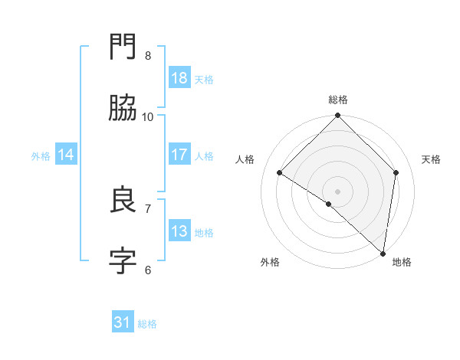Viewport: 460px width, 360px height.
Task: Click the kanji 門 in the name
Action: (123, 47)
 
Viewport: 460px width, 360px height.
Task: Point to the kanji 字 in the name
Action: (123, 261)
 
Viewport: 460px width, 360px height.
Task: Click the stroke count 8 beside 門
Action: (148, 55)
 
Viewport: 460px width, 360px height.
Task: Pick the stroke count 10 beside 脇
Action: (148, 116)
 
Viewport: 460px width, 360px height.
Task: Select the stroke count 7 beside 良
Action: (148, 208)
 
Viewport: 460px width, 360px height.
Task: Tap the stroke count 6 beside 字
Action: (148, 270)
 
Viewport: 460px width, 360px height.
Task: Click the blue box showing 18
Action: (179, 78)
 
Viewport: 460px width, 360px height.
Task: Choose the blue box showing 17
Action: (179, 155)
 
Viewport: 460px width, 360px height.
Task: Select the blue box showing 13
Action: (179, 231)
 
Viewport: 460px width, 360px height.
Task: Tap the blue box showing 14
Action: (66, 155)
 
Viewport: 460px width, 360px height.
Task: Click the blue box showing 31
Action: (123, 322)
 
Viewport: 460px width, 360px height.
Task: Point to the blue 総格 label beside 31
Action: (148, 324)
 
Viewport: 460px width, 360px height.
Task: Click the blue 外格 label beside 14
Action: (41, 156)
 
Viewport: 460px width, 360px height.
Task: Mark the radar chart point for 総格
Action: (337, 116)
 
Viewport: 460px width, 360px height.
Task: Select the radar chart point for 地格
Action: (383, 254)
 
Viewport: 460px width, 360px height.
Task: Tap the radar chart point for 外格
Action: (329, 204)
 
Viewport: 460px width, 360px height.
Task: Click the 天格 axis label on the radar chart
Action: (431, 159)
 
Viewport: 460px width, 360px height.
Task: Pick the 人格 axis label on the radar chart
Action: (245, 159)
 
